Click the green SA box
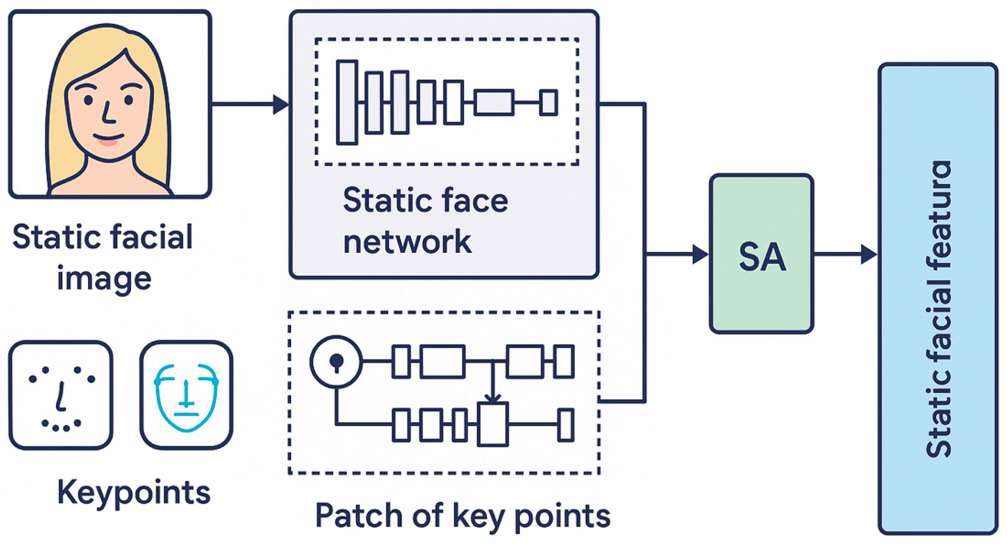coord(761,254)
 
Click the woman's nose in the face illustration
coord(108,114)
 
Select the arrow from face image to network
coord(250,104)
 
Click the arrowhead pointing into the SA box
coord(700,254)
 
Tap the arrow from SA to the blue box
coord(844,254)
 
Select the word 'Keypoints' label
coord(134,492)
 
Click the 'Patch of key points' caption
coord(462,516)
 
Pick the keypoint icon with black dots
coord(61,395)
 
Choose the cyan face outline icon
coord(187,395)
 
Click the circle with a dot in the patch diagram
coord(336,362)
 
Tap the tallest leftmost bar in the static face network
coord(347,102)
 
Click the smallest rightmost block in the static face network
coord(548,102)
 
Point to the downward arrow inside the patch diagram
coord(493,383)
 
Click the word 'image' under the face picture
coord(104,279)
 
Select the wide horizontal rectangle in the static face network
coord(494,102)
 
